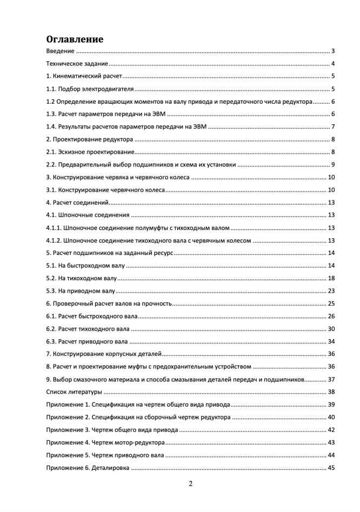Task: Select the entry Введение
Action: [60, 51]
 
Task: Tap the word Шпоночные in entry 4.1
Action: [77, 215]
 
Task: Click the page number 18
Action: [332, 278]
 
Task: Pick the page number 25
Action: [332, 304]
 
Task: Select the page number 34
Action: [332, 341]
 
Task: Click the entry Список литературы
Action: [74, 392]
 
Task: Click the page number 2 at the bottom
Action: [191, 483]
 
